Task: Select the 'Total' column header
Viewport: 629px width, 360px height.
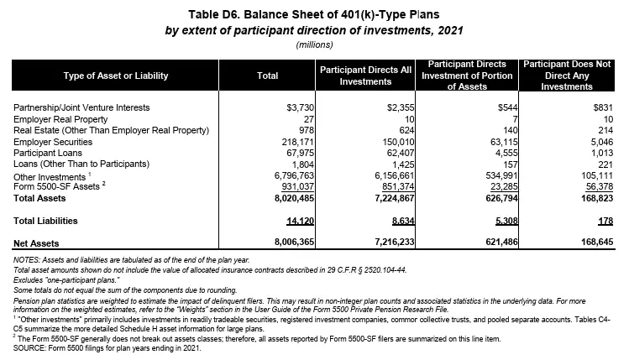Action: click(266, 76)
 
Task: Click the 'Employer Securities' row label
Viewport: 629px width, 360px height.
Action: click(52, 143)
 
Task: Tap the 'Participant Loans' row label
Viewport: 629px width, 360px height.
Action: click(48, 154)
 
